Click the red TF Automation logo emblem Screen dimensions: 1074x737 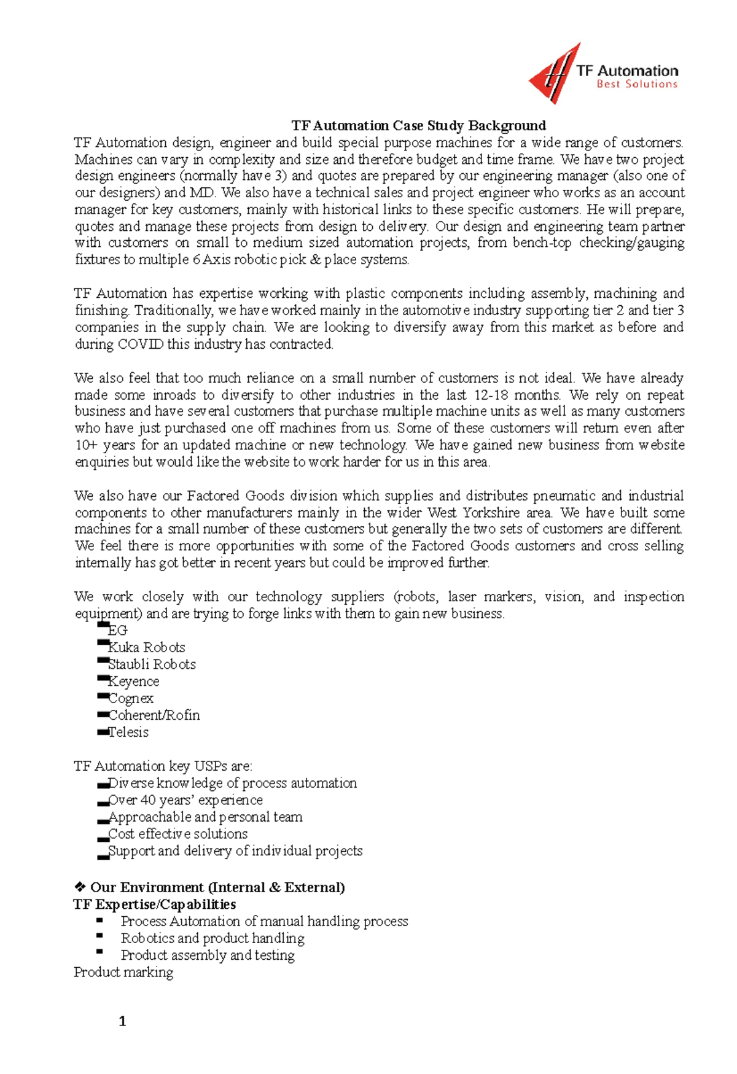coord(553,75)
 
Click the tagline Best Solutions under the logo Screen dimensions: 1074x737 coord(636,85)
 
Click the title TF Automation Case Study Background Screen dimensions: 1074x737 coord(418,126)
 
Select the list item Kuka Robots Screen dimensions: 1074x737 coord(146,647)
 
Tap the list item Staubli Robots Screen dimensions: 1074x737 coord(152,664)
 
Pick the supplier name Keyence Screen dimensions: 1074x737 coord(133,682)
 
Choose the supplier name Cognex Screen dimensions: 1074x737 coord(130,698)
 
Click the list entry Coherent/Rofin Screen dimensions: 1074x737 coord(154,715)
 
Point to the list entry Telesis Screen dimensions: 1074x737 coord(128,732)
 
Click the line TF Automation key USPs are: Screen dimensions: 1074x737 coord(163,766)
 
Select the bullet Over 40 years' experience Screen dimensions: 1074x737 coord(185,800)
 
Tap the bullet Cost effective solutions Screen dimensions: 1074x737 coord(177,834)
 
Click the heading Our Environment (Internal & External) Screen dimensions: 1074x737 coord(217,887)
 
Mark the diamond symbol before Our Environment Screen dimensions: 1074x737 coord(79,887)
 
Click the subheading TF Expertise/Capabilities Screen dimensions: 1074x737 coord(154,905)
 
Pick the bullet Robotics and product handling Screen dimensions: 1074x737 coord(212,938)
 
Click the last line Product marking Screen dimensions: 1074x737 coord(123,972)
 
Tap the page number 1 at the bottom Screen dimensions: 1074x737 coord(122,1021)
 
